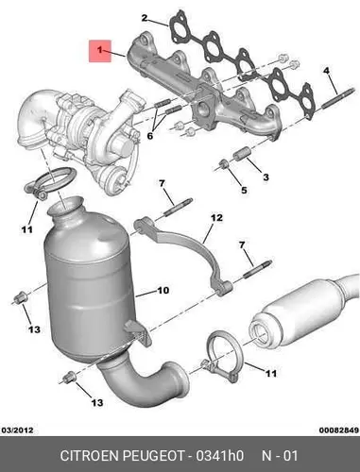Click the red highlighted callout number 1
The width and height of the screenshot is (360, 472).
tap(100, 50)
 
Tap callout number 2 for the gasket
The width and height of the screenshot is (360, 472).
tap(144, 18)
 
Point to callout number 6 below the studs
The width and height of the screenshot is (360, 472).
tap(150, 136)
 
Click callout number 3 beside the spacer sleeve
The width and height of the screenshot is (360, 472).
tap(266, 177)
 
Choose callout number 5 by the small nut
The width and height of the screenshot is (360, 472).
tap(244, 190)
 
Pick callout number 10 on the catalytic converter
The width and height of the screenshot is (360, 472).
tap(163, 290)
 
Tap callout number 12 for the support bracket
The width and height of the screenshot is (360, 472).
tap(216, 217)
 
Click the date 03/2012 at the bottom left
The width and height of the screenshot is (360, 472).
tap(18, 430)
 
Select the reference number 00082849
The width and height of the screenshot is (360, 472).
tap(339, 430)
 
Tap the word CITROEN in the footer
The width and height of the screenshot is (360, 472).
tap(90, 456)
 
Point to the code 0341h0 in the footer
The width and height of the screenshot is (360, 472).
tap(220, 456)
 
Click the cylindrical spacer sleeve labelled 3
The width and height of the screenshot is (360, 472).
tap(241, 154)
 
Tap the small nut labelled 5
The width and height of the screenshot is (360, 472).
tap(224, 163)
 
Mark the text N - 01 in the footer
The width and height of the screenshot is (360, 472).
tap(280, 456)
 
